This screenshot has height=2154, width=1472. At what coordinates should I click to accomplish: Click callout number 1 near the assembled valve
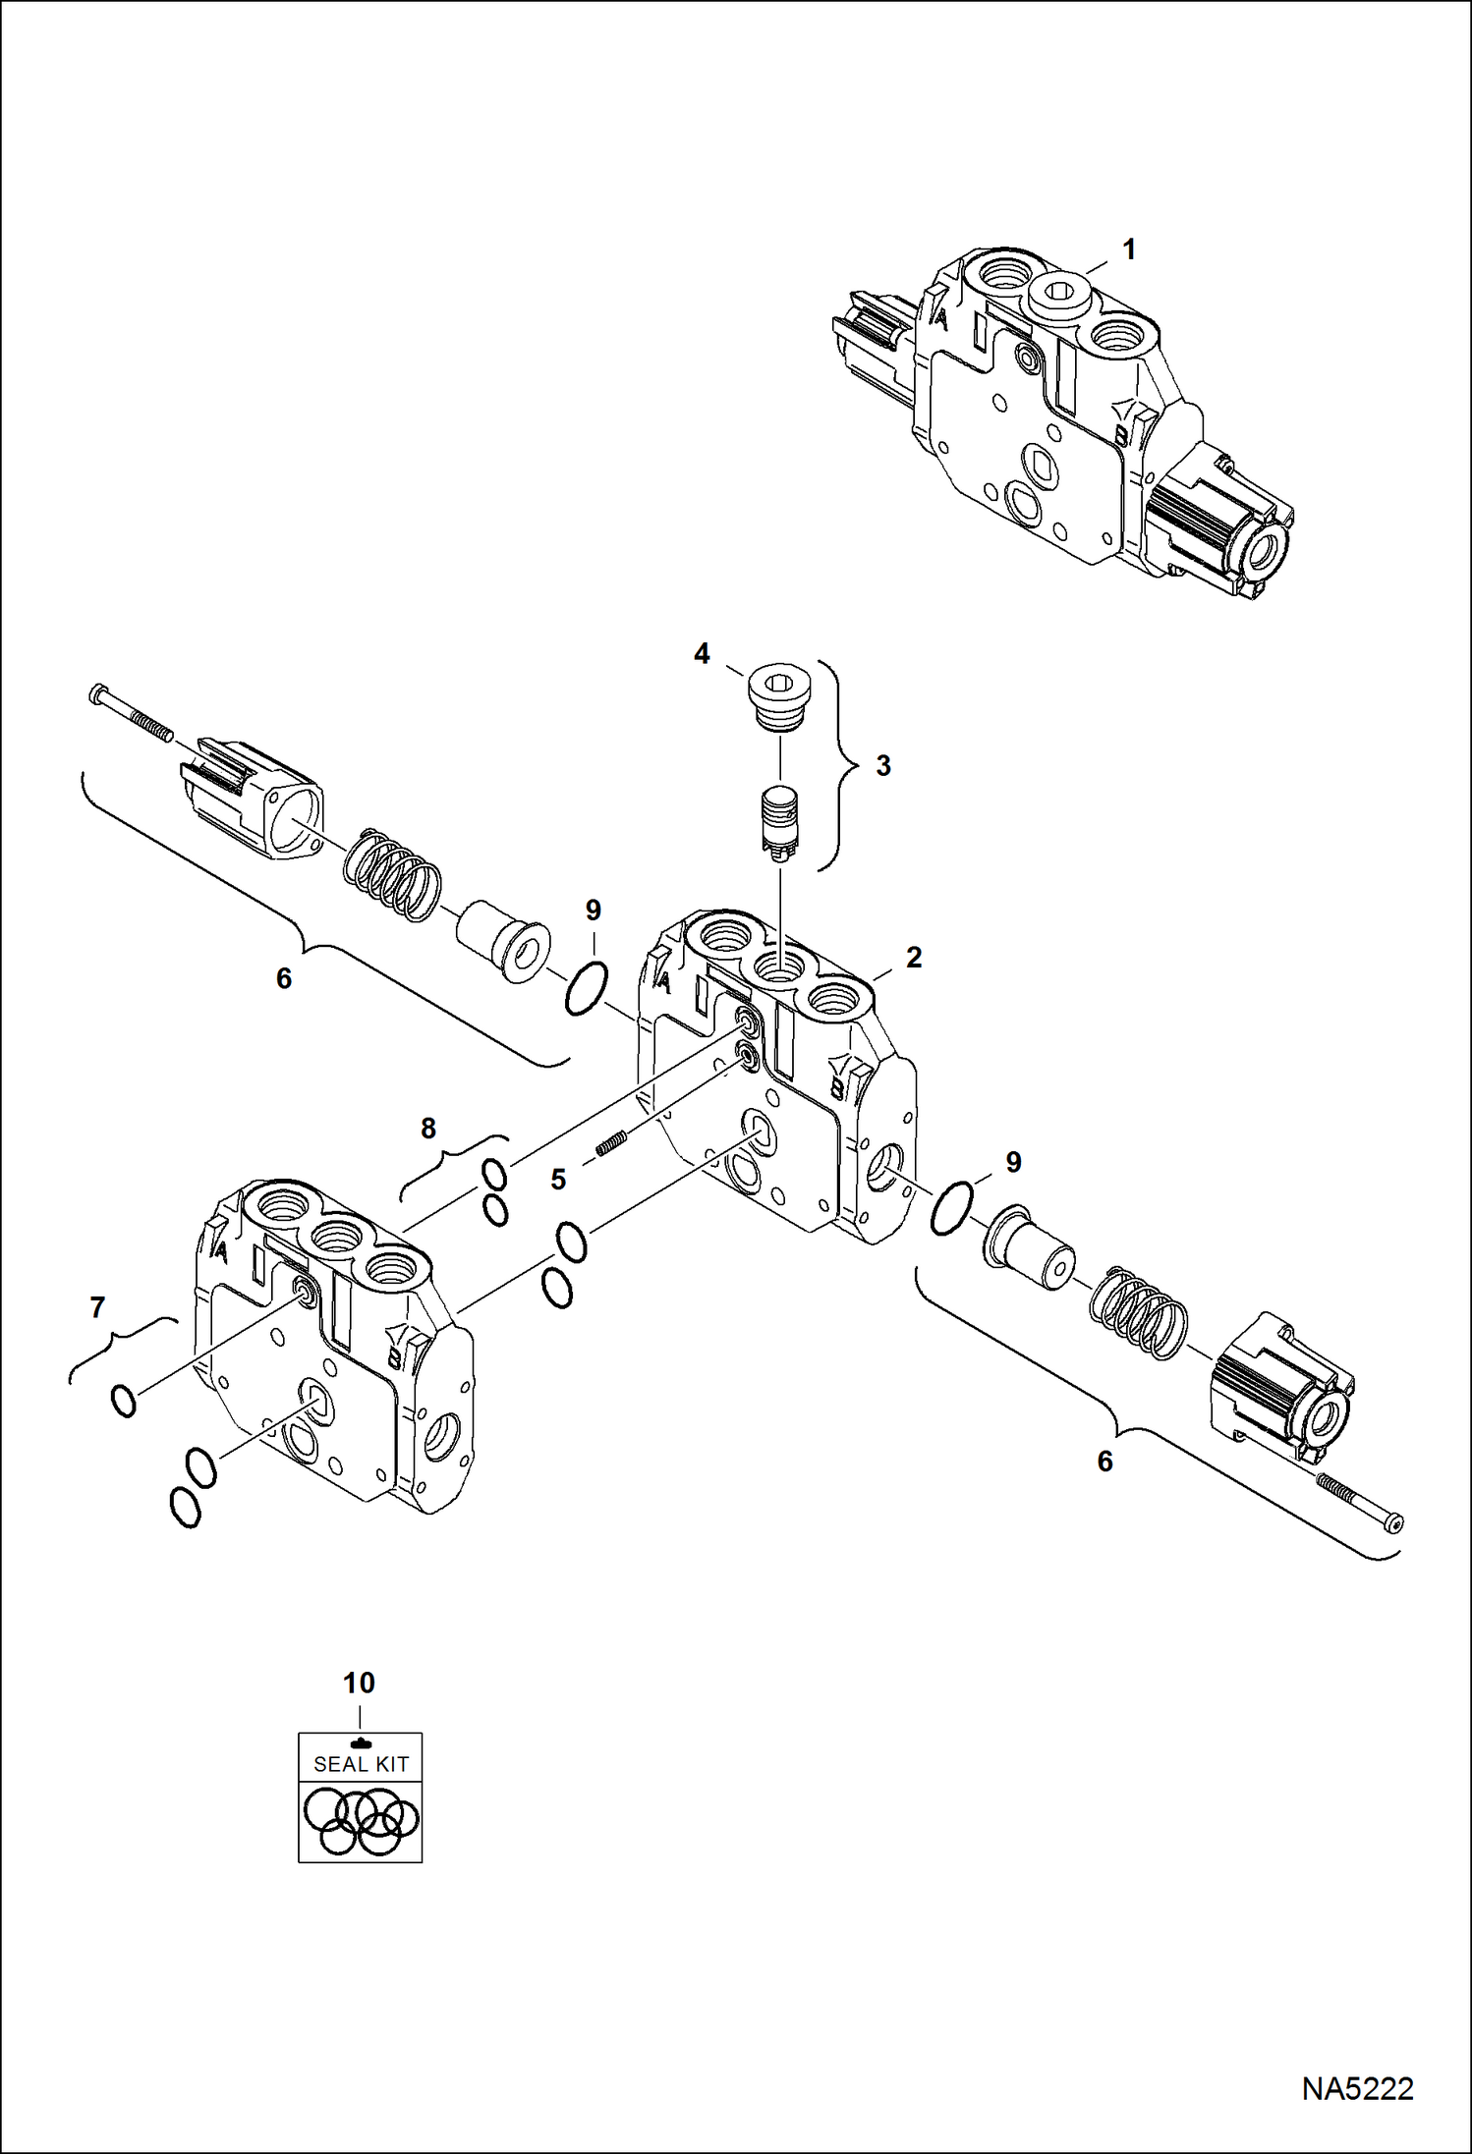(x=1129, y=249)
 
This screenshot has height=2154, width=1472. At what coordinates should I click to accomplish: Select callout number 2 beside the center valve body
(x=914, y=957)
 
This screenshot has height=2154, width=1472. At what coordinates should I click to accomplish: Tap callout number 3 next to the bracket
(x=882, y=766)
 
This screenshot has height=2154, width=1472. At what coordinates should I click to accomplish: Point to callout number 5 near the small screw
(x=558, y=1179)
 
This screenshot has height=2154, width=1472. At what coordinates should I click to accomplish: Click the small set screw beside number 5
(x=611, y=1145)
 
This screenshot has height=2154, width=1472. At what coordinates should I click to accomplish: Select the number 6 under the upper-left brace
(x=284, y=977)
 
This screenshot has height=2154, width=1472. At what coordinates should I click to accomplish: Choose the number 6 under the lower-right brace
(x=1104, y=1462)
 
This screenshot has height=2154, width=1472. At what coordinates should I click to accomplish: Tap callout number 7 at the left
(x=97, y=1307)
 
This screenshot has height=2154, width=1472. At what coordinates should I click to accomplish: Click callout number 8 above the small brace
(x=428, y=1129)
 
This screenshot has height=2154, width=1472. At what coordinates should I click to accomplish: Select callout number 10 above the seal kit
(x=359, y=1683)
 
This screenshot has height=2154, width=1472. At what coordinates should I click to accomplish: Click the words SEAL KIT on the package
(x=361, y=1764)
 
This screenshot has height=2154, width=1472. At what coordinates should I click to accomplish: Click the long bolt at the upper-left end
(x=130, y=712)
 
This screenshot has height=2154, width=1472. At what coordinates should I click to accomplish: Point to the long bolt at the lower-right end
(x=1360, y=1502)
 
